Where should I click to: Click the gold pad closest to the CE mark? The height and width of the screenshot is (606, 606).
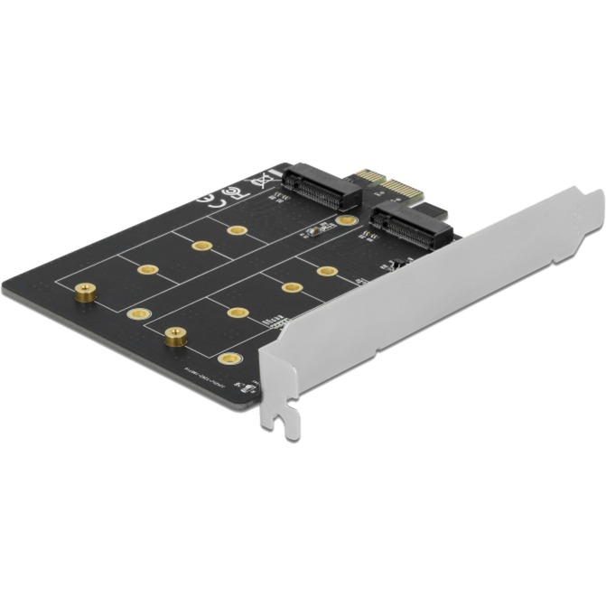pyautogui.click(x=237, y=230)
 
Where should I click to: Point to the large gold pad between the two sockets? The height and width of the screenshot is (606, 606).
pyautogui.click(x=345, y=219)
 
